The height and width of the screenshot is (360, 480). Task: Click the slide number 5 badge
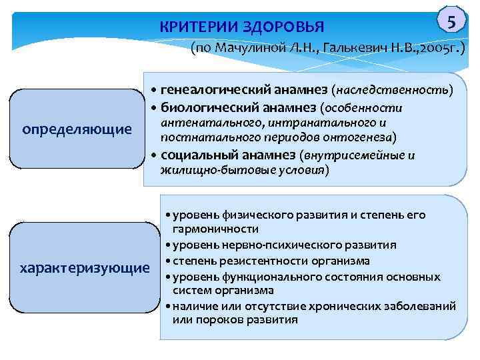point(452,22)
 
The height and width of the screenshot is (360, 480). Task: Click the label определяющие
point(77,128)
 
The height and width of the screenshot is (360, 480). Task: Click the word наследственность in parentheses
point(395,89)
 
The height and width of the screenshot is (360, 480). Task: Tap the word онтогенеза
point(361,138)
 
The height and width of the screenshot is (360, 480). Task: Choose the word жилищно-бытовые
point(204,171)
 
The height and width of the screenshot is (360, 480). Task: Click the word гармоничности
point(211,228)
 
